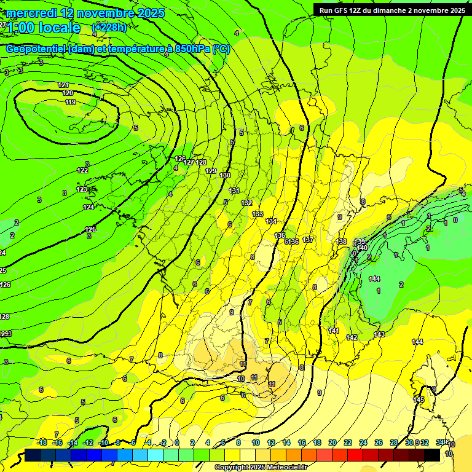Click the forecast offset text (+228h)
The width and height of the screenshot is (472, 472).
click(109, 27)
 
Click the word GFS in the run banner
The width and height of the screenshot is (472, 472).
click(345, 10)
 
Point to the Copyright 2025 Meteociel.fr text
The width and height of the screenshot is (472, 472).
click(261, 468)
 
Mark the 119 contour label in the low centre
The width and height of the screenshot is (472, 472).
click(70, 102)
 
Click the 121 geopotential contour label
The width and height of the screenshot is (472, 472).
click(63, 85)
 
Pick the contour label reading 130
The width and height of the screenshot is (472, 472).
click(225, 175)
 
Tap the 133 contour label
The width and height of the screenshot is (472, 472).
click(258, 214)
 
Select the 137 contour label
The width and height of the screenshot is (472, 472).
click(309, 240)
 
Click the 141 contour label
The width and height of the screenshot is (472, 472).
click(334, 331)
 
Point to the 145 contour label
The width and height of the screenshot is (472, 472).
click(419, 399)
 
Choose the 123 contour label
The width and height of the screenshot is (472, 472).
click(82, 190)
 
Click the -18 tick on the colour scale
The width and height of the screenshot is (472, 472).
click(42, 442)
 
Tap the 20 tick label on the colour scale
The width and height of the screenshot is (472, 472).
click(332, 442)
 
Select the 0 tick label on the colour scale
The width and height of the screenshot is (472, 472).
click(177, 442)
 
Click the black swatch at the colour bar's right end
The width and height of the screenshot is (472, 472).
click(431, 455)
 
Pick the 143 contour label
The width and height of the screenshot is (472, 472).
click(379, 334)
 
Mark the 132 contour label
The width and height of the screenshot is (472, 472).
click(247, 203)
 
